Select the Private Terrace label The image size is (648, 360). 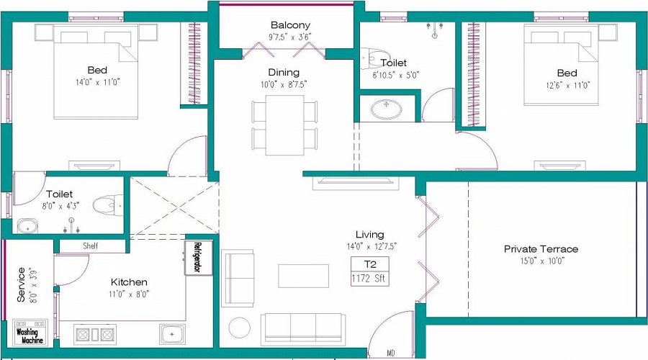coord(541,249)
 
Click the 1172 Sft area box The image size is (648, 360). coord(370,278)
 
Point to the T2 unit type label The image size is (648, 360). coord(370,264)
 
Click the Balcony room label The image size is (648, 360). coord(290,25)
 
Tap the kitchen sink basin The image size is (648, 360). coord(171,334)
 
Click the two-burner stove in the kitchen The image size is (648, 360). coord(95,334)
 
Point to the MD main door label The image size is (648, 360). coord(391,353)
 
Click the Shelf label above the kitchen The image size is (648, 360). coord(90,246)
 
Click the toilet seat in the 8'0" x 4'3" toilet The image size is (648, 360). coord(111,206)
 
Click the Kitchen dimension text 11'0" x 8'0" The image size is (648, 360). coord(129,294)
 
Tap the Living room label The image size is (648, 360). coord(369,235)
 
